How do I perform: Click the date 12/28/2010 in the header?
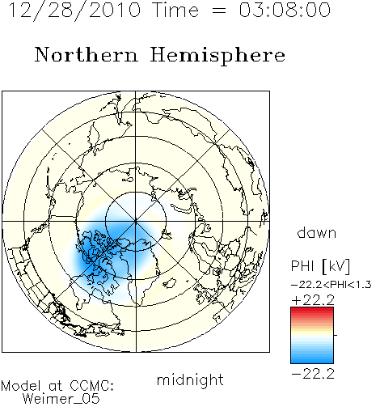(74, 11)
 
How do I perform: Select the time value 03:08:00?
(285, 11)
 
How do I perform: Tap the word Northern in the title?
(87, 54)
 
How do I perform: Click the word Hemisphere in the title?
(217, 56)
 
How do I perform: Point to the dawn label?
(317, 232)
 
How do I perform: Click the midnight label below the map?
(190, 380)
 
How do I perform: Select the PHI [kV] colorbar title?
(321, 266)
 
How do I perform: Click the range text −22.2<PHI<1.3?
(331, 285)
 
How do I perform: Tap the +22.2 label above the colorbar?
(313, 300)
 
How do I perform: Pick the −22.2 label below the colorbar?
(313, 374)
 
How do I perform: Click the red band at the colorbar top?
(312, 311)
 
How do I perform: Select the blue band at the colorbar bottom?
(312, 358)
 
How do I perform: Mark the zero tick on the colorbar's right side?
(336, 335)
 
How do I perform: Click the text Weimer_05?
(61, 399)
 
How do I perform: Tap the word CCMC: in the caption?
(92, 386)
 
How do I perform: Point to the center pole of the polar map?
(136, 222)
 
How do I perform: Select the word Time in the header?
(175, 11)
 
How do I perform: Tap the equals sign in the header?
(218, 11)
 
